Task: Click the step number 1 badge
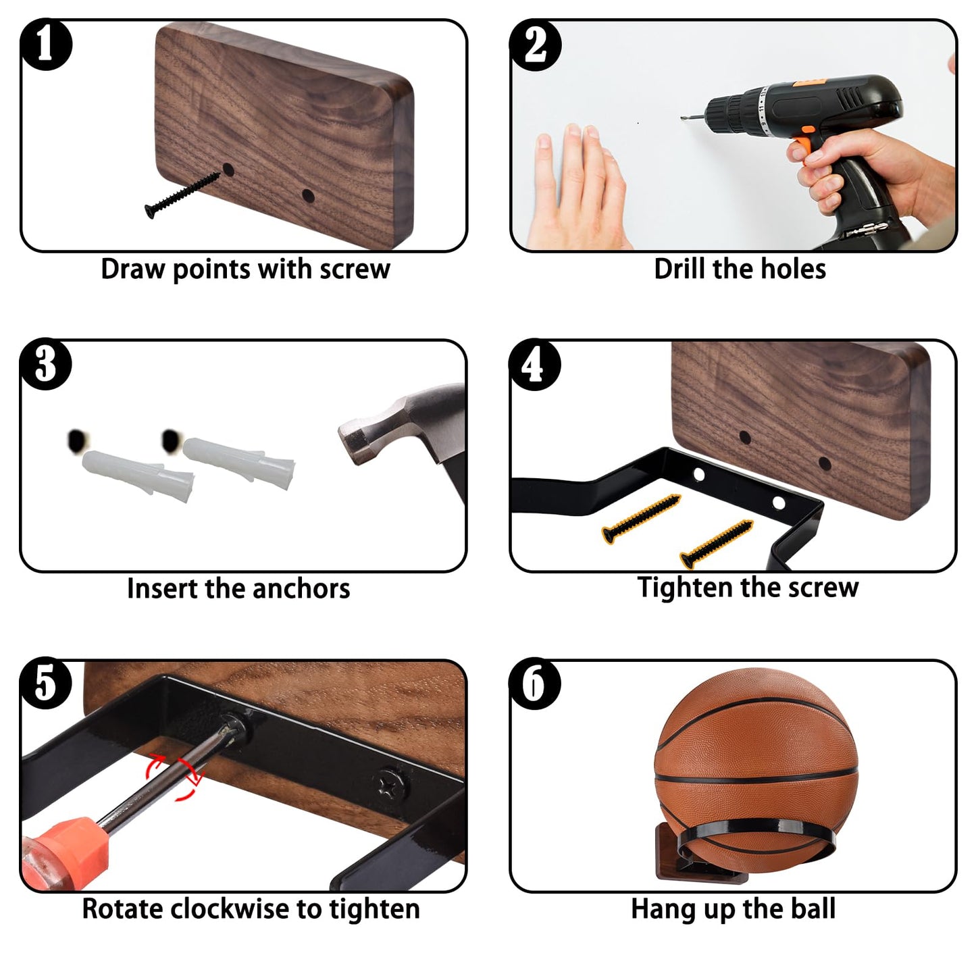pyautogui.click(x=45, y=45)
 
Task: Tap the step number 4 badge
pyautogui.click(x=535, y=365)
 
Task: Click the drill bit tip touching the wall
pyautogui.click(x=684, y=118)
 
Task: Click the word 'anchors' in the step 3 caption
pyautogui.click(x=301, y=589)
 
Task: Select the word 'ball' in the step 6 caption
pyautogui.click(x=814, y=908)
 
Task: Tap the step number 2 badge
pyautogui.click(x=535, y=45)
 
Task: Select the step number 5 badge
pyautogui.click(x=45, y=684)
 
